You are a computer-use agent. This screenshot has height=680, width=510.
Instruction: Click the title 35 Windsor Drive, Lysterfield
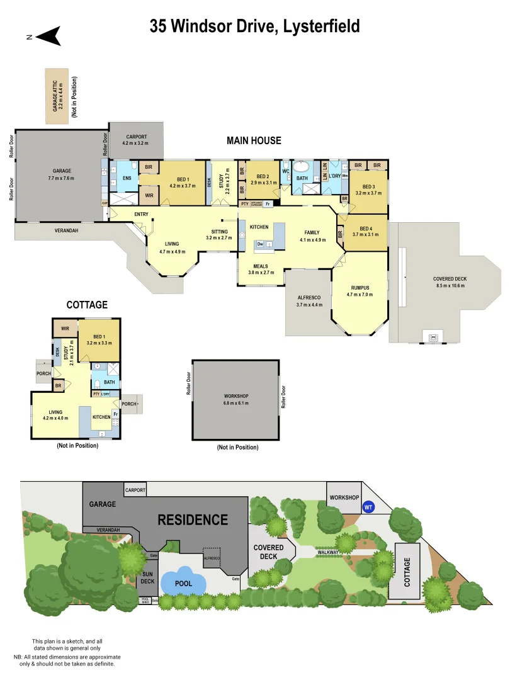(254, 26)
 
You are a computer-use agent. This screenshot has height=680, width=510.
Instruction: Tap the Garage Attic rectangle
(59, 96)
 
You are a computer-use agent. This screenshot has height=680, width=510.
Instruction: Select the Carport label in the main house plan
(136, 140)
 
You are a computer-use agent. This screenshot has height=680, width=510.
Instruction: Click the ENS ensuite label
(126, 178)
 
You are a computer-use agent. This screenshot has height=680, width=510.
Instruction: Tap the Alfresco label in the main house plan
(309, 301)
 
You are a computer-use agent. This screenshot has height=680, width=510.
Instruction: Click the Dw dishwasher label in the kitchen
(259, 244)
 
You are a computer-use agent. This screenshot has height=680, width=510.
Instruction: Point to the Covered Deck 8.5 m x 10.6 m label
(450, 282)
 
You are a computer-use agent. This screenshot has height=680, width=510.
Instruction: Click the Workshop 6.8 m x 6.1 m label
(236, 399)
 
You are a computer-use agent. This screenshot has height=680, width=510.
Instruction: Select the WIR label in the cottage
(65, 328)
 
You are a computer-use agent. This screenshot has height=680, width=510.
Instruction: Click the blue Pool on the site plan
(183, 583)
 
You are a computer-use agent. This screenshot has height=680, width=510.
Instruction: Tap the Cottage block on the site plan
(407, 570)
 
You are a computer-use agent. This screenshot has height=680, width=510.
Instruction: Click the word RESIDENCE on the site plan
(192, 520)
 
